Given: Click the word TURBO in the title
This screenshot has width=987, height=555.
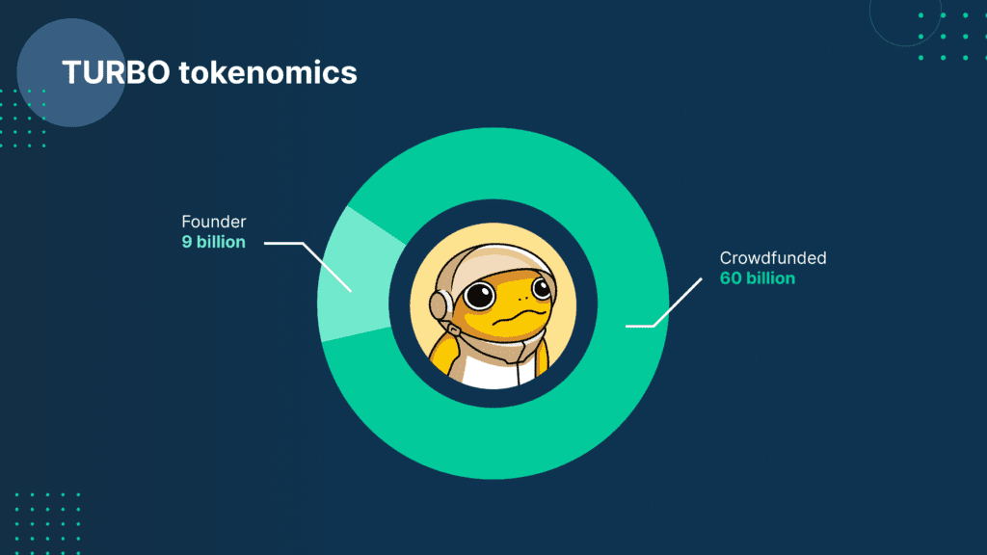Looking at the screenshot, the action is point(116,72).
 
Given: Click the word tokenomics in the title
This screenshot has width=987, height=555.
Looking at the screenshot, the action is point(268,72).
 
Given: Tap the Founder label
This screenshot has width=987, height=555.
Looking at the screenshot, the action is point(213,222).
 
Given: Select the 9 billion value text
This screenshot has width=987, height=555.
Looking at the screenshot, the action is point(213,242).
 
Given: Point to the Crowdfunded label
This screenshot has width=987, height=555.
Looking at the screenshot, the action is point(773,258).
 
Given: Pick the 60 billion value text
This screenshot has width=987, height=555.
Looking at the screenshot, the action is point(758,278).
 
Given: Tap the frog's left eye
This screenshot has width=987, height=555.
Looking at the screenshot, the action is point(480,296).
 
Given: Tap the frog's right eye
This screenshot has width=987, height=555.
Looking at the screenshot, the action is point(541,289).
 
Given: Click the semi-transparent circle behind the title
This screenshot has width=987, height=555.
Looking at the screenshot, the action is point(71,72).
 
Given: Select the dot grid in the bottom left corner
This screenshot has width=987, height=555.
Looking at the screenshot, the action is point(47,523).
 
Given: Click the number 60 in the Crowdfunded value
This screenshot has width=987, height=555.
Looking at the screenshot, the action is point(731,278).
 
